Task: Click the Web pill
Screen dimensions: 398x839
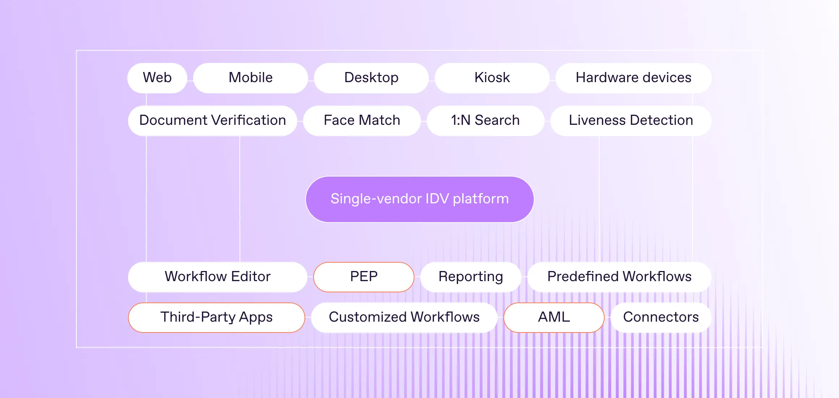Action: click(x=157, y=78)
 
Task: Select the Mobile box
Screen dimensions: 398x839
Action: click(x=251, y=78)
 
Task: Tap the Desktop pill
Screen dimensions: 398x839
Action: click(x=371, y=78)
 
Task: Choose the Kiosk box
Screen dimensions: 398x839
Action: click(x=492, y=78)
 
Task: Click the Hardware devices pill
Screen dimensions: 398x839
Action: click(x=634, y=78)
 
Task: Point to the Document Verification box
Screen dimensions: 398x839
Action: click(x=213, y=120)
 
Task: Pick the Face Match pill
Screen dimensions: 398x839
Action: click(x=362, y=120)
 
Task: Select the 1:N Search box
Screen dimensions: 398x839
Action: click(x=485, y=120)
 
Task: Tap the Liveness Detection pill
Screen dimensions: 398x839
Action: click(x=631, y=120)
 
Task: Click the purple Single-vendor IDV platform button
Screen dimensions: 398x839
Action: click(x=419, y=199)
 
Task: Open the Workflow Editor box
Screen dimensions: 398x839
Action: click(x=218, y=277)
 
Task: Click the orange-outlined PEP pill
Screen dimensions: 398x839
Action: click(x=364, y=277)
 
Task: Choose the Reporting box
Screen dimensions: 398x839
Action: click(x=470, y=277)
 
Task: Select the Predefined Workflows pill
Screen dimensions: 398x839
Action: click(x=619, y=277)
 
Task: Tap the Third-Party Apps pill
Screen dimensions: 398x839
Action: click(x=217, y=317)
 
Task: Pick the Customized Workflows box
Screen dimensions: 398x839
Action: click(x=404, y=317)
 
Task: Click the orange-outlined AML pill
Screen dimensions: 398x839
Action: click(x=554, y=317)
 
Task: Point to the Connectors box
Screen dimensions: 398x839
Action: click(x=661, y=317)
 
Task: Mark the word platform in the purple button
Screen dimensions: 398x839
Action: click(x=481, y=199)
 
